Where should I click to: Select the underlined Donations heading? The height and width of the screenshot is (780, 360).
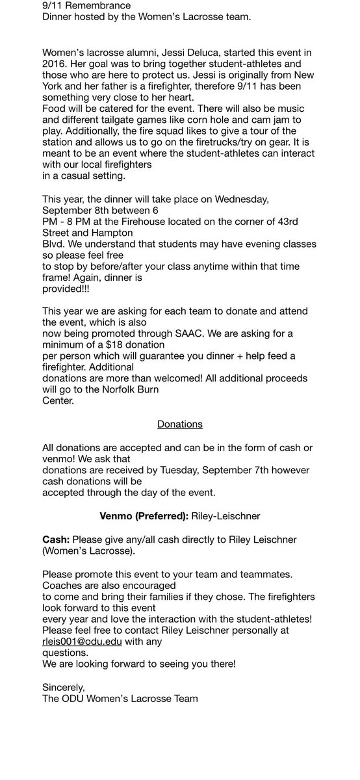click(x=180, y=424)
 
